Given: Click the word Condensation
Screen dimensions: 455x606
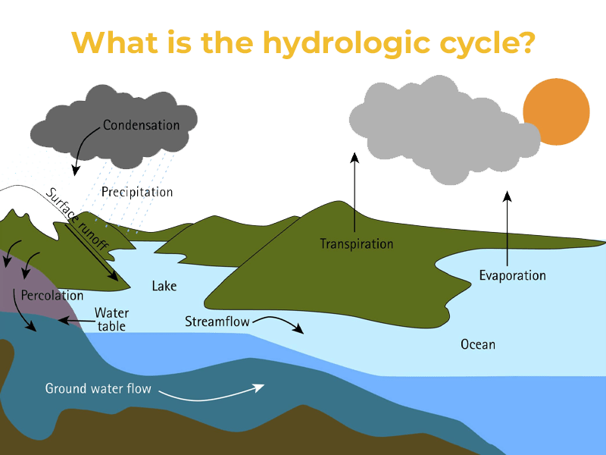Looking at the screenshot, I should pos(141,125).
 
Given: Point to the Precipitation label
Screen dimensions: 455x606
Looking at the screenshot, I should pos(137,192).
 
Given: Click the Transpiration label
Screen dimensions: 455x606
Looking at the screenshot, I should pos(356,244).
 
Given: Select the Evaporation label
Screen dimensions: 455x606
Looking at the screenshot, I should pos(512,275).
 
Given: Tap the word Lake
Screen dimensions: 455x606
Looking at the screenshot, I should pos(164,286).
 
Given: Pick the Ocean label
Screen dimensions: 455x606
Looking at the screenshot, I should pos(477,345).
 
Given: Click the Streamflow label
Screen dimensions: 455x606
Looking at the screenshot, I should pos(217,322).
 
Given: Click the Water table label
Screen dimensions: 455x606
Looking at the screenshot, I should pos(111,319).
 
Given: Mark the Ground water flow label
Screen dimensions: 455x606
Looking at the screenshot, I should pos(98,389).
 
